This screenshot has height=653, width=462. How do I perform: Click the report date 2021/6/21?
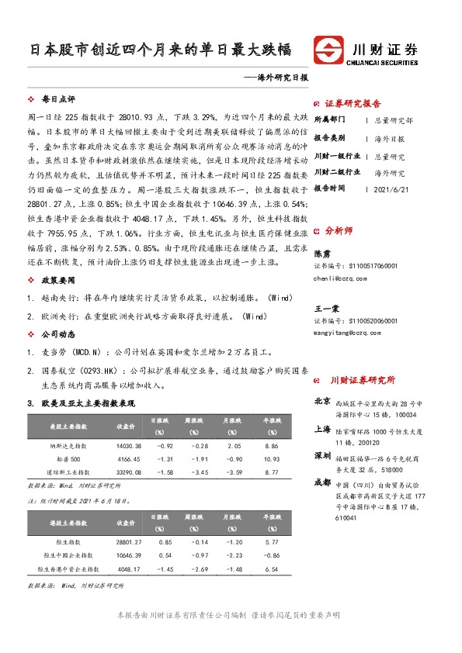point(391,188)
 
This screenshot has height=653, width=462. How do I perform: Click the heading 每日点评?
point(57,100)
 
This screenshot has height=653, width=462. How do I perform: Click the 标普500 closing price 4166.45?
point(129,459)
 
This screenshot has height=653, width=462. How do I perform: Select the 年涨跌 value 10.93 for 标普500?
point(271,459)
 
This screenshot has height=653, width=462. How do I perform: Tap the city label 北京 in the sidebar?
point(322,402)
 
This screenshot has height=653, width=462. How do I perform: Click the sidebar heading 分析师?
point(339,230)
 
